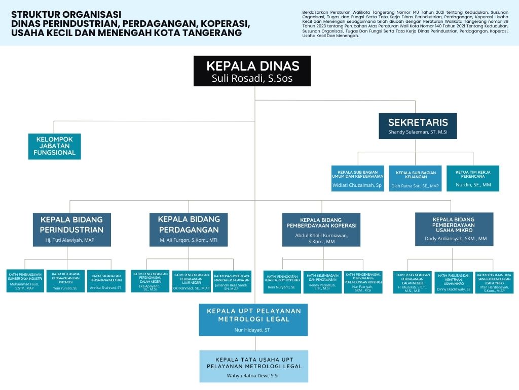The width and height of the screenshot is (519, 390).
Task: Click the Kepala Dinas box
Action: pos(252,71)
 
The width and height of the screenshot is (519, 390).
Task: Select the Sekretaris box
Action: pos(418,126)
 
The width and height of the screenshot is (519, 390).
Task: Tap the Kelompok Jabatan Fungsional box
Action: pos(55,146)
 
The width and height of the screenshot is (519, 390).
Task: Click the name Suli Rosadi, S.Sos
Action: pos(252,79)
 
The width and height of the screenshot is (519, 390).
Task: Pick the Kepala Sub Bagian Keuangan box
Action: pos(415,179)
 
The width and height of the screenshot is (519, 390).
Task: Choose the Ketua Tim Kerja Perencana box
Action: pos(472,178)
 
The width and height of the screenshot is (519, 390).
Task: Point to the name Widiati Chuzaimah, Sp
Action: pos(357,185)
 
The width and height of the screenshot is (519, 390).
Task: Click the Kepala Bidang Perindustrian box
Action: pos(72,230)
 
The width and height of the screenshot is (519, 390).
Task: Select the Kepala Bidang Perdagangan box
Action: pos(189,230)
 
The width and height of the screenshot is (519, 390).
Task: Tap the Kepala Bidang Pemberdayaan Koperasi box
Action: pos(321,229)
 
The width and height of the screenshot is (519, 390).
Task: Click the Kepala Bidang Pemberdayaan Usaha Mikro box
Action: pos(454,230)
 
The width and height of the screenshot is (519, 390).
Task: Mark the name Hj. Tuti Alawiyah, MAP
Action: pos(70,239)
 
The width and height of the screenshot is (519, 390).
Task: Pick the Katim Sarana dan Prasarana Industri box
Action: pos(106,281)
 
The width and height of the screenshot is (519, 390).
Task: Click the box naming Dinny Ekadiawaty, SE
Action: pos(454,282)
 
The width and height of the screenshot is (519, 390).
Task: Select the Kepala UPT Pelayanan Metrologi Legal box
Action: pos(253,320)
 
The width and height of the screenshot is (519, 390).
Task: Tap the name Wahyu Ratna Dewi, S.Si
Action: pos(253,376)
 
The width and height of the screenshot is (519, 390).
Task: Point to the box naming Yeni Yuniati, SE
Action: pos(65,281)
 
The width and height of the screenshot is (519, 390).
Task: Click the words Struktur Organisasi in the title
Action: pos(66,14)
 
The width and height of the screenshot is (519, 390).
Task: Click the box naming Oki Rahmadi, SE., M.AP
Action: pos(191,281)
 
